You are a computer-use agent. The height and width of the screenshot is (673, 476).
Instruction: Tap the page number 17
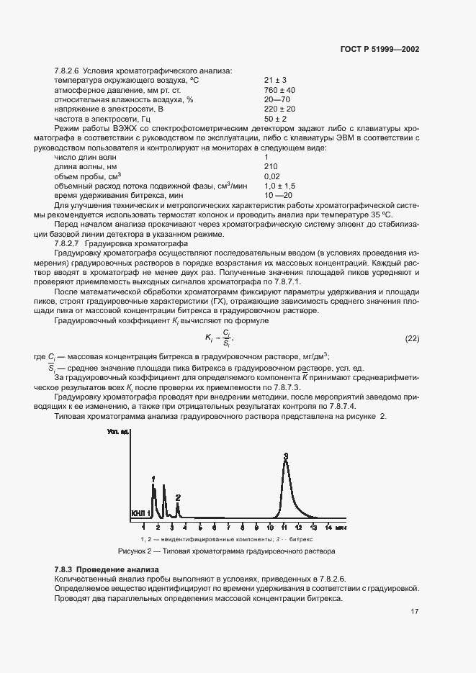415,612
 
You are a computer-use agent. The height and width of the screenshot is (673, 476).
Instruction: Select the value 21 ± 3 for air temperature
275,80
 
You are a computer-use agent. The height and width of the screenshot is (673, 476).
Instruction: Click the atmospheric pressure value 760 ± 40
279,90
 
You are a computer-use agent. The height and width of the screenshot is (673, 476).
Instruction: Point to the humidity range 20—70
277,99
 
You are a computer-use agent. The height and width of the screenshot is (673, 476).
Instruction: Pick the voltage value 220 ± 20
279,109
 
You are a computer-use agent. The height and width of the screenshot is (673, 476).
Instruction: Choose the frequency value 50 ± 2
275,118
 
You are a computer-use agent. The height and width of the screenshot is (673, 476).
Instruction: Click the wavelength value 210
271,166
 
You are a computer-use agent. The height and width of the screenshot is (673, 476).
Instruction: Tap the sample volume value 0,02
272,176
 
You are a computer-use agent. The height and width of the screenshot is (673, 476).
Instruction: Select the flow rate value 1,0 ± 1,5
280,186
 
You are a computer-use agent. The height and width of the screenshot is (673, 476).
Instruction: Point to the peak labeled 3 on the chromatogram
286,456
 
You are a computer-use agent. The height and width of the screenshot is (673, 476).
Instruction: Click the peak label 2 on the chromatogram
178,497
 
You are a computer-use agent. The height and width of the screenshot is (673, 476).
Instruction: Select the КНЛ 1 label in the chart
140,513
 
